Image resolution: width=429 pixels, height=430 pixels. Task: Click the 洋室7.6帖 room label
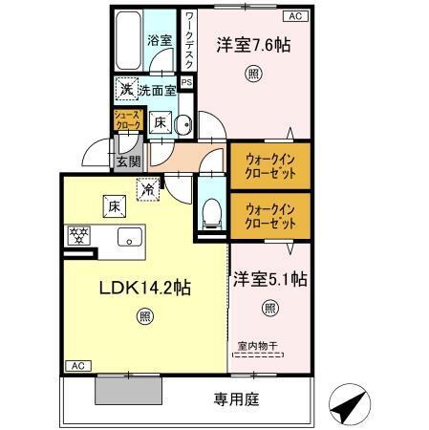point(253,44)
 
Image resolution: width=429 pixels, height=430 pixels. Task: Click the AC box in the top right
point(294,15)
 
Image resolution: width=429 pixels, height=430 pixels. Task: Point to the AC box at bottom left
point(77,365)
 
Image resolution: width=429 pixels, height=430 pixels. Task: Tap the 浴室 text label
point(159,42)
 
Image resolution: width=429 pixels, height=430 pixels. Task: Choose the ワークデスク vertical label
point(191,39)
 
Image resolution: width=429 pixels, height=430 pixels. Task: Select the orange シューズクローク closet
point(129,120)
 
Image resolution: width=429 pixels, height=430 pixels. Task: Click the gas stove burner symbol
point(77,233)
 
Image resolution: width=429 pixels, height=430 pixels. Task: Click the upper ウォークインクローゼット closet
point(269,165)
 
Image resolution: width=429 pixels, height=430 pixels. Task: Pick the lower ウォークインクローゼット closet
point(269,216)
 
